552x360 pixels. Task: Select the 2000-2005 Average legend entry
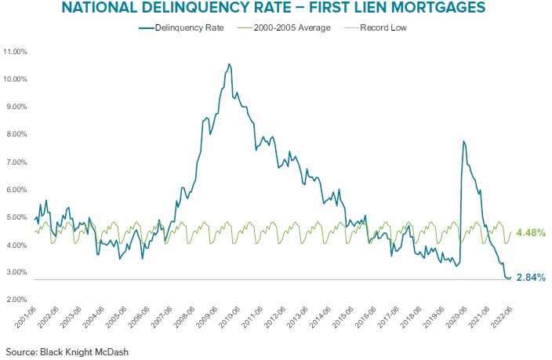coord(285,27)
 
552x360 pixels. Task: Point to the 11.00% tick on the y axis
coord(16,52)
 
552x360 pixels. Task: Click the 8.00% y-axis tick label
coord(17,135)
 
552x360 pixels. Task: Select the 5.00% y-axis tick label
coord(17,218)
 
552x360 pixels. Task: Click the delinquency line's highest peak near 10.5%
coord(229,64)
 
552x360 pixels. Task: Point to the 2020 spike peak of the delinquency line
coord(463,141)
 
